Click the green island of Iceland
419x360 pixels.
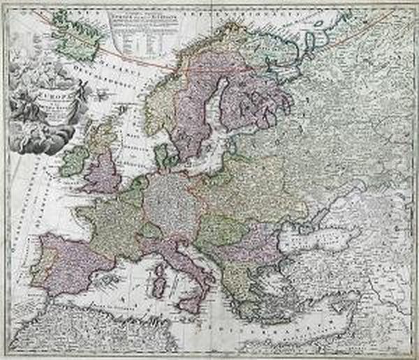click(78, 35)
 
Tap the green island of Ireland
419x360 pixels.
click(75, 160)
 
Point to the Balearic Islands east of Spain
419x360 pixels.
click(112, 279)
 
